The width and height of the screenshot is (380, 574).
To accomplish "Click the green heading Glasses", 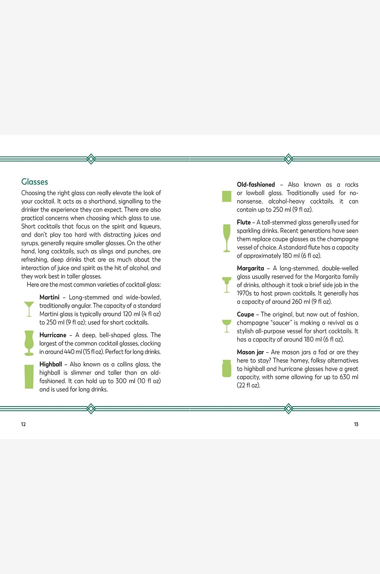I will click(35, 182).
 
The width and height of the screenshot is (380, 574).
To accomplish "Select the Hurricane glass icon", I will click(29, 343).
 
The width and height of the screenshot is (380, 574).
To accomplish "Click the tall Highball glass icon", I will click(29, 376).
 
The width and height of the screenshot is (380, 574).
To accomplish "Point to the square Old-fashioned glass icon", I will click(227, 196).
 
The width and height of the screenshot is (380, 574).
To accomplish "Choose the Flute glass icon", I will click(227, 238).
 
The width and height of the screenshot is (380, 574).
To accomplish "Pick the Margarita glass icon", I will click(227, 284).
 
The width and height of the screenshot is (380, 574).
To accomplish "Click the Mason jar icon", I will click(227, 368).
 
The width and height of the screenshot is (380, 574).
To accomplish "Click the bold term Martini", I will click(50, 297).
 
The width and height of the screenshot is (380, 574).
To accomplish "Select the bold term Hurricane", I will click(53, 335).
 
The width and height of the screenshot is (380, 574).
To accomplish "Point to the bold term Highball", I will click(51, 364).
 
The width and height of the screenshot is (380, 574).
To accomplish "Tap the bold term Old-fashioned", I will click(256, 185).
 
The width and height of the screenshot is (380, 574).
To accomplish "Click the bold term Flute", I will click(244, 222).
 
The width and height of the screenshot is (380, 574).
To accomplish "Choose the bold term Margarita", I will click(251, 268).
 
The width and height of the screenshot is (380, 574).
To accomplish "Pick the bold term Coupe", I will click(245, 314).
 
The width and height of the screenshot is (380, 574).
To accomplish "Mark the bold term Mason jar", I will click(251, 352).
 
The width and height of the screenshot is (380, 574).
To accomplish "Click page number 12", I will click(23, 424).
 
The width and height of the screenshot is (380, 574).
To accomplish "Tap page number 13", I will click(356, 424).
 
